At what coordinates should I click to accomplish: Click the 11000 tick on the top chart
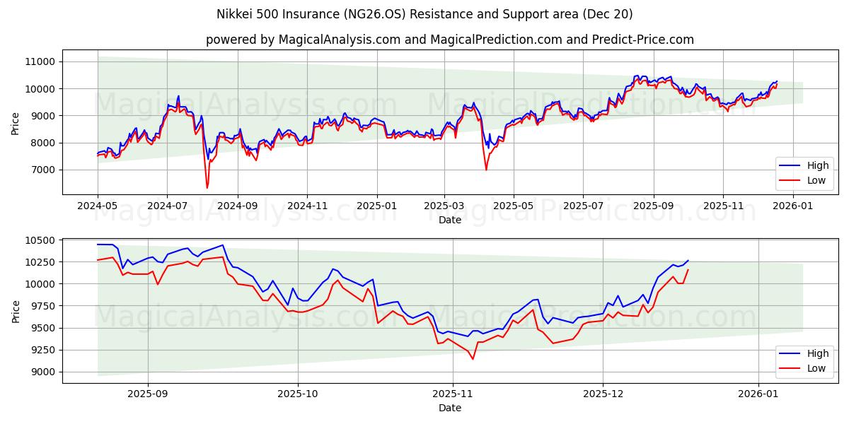tap(40, 61)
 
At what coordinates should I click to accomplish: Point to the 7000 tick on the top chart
tap(43, 170)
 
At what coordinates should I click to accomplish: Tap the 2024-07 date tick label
tap(167, 206)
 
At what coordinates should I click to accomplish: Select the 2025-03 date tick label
tap(444, 206)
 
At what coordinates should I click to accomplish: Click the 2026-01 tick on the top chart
tap(792, 206)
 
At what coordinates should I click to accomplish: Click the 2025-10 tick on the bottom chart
tap(298, 394)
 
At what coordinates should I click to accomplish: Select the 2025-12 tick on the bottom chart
tap(603, 394)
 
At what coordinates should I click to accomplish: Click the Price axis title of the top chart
tap(16, 122)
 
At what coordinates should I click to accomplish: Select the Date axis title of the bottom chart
tap(450, 408)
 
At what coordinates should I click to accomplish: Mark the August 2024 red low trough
tap(207, 187)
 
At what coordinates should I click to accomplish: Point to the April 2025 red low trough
tap(486, 170)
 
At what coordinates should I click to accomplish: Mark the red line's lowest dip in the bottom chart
tap(473, 359)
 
